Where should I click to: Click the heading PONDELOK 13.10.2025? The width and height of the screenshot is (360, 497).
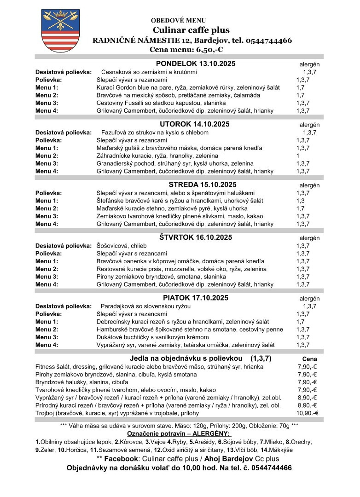[x=196, y=64]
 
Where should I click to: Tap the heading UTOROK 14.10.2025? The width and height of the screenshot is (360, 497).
[x=195, y=124]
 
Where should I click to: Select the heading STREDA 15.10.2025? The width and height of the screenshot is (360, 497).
[x=195, y=185]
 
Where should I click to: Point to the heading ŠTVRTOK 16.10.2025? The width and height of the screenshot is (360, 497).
[x=196, y=237]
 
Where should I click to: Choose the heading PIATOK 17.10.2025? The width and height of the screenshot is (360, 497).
[x=196, y=298]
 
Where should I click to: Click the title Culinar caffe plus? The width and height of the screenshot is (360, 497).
[x=191, y=30]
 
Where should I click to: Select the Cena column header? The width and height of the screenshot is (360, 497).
[x=309, y=359]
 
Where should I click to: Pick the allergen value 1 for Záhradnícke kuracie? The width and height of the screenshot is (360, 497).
[x=298, y=156]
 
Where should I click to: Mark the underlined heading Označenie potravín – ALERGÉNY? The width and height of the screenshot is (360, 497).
[x=179, y=434]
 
